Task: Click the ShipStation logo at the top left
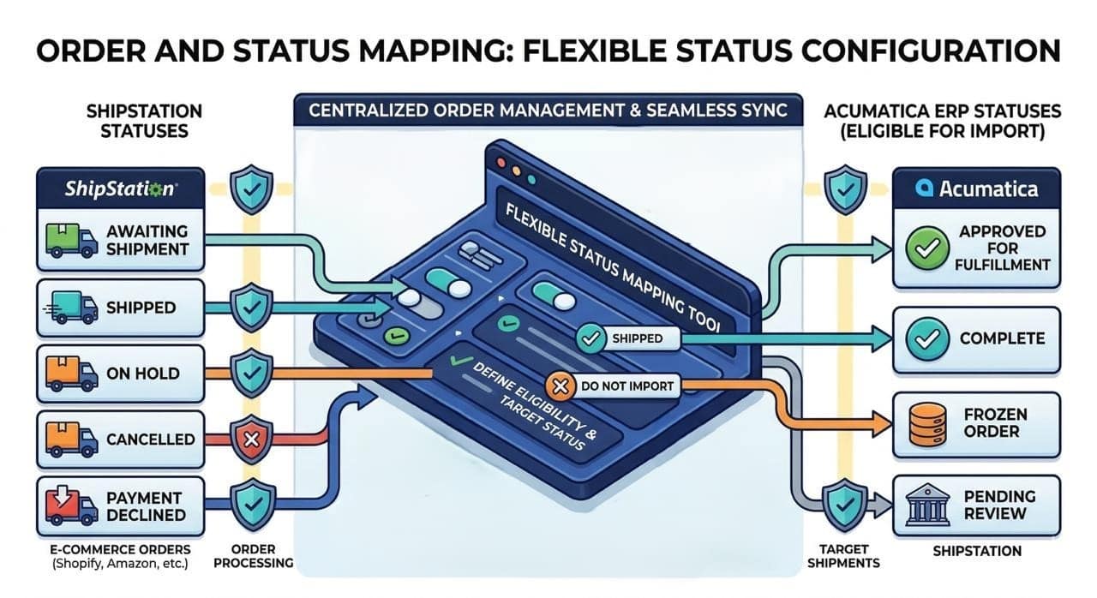coord(120,188)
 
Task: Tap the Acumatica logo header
coord(976,188)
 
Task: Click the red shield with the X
coord(252,440)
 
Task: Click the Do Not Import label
coord(627,387)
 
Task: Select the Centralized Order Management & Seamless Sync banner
coord(547,111)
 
